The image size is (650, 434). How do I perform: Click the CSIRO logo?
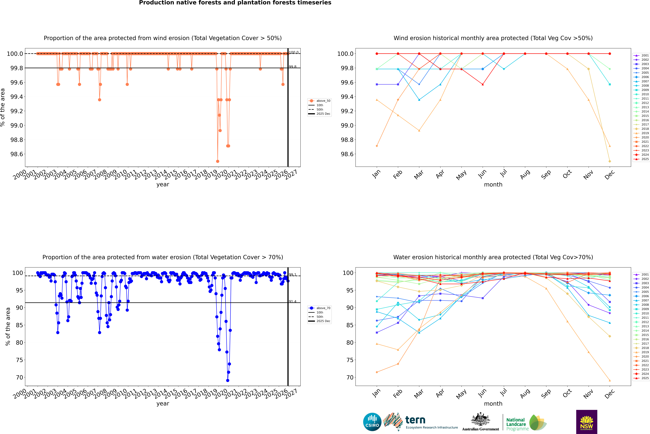point(372,422)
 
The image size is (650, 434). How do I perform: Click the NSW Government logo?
point(587,422)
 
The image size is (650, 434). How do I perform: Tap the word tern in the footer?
point(415,420)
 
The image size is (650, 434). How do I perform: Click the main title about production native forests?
point(235,3)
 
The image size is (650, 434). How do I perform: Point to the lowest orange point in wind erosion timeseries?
point(217,161)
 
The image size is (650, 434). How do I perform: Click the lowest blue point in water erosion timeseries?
point(227,380)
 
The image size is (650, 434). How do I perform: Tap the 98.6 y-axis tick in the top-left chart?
point(17,154)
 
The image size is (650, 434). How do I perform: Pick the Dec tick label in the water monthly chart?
point(610,394)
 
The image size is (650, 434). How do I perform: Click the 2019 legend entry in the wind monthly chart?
point(645,133)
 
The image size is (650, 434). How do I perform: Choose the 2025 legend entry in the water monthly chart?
point(645,378)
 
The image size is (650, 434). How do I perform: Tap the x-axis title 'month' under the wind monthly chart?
point(493,185)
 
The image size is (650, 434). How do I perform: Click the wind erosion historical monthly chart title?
point(493,38)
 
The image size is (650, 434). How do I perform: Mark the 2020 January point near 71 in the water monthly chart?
point(377,372)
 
